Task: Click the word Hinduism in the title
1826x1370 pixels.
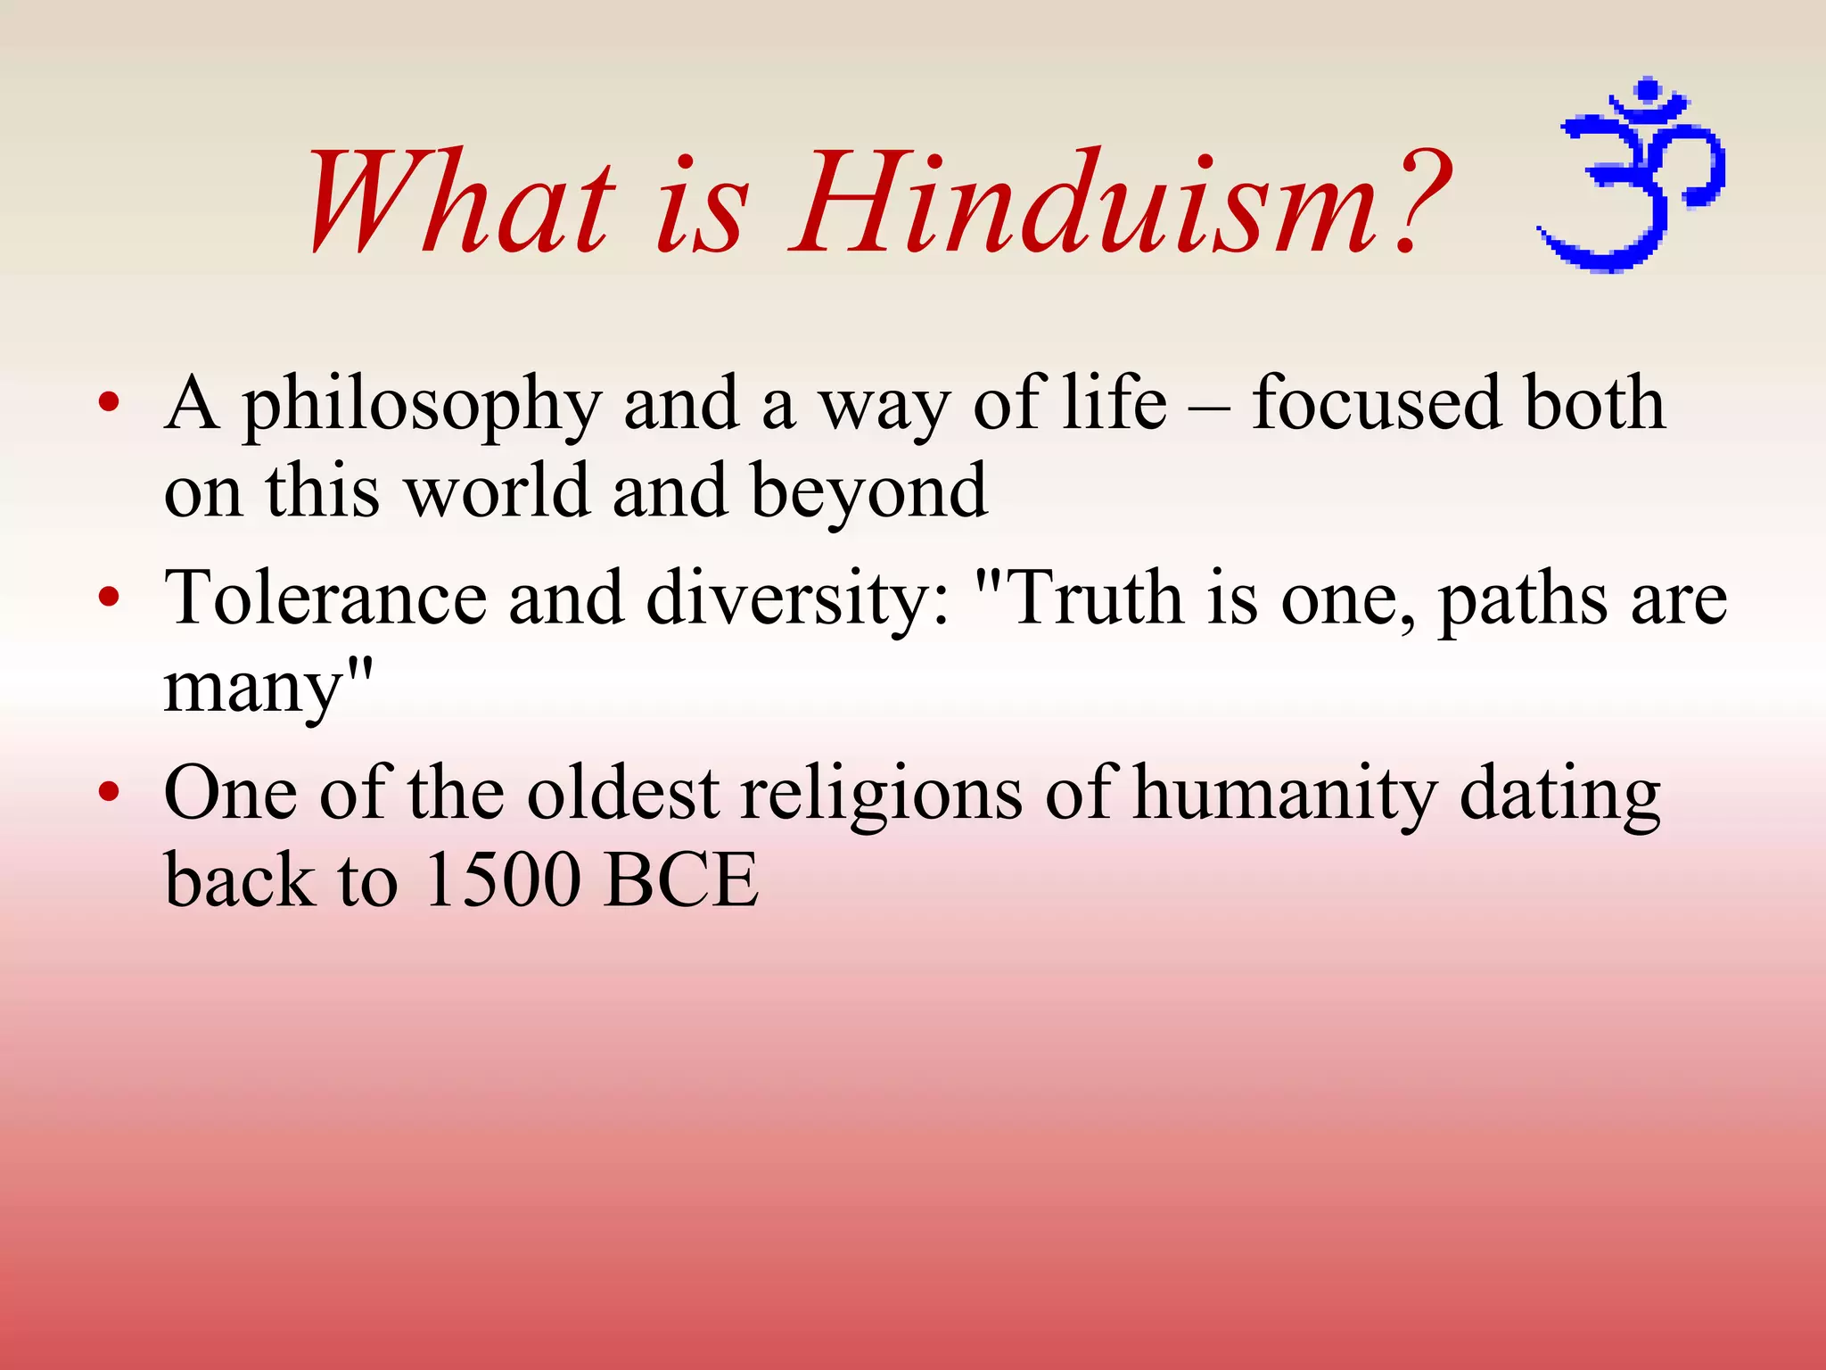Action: (1083, 203)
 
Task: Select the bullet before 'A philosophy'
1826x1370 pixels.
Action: (109, 403)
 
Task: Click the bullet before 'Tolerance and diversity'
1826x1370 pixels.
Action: (109, 597)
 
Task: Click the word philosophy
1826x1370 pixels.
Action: (423, 406)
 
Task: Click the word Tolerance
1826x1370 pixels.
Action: (325, 597)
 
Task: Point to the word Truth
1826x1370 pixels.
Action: (1096, 597)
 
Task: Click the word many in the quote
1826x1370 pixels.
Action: (254, 689)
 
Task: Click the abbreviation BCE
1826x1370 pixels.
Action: (681, 880)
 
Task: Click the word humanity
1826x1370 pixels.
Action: (1285, 795)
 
